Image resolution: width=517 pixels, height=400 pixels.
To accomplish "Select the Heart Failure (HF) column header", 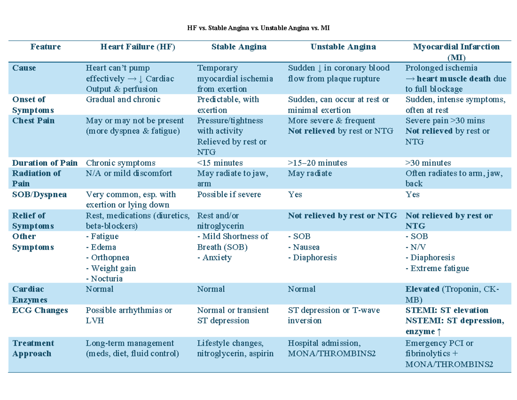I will click(x=138, y=47).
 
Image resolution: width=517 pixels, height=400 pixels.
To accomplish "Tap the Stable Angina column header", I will click(x=239, y=47).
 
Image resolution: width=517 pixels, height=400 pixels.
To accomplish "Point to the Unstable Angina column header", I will click(x=343, y=47).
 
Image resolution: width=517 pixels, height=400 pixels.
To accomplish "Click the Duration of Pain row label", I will click(x=45, y=163).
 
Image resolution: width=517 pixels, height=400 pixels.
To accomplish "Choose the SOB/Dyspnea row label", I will click(x=40, y=194).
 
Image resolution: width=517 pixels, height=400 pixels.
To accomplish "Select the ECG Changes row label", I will click(x=40, y=310).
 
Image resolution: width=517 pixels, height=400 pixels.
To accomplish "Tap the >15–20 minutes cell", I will click(x=317, y=163).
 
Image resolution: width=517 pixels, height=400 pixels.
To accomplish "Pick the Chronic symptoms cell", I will click(x=121, y=163).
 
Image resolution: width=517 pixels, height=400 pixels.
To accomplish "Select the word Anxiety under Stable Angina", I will click(x=217, y=258).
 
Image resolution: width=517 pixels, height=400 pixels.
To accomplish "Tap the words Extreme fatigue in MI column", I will click(x=440, y=268).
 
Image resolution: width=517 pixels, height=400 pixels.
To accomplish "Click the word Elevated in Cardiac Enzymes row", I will click(x=422, y=289).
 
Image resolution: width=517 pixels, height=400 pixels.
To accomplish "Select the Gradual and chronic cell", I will click(x=123, y=100).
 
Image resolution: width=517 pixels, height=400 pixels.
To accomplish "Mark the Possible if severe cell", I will click(x=229, y=194).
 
